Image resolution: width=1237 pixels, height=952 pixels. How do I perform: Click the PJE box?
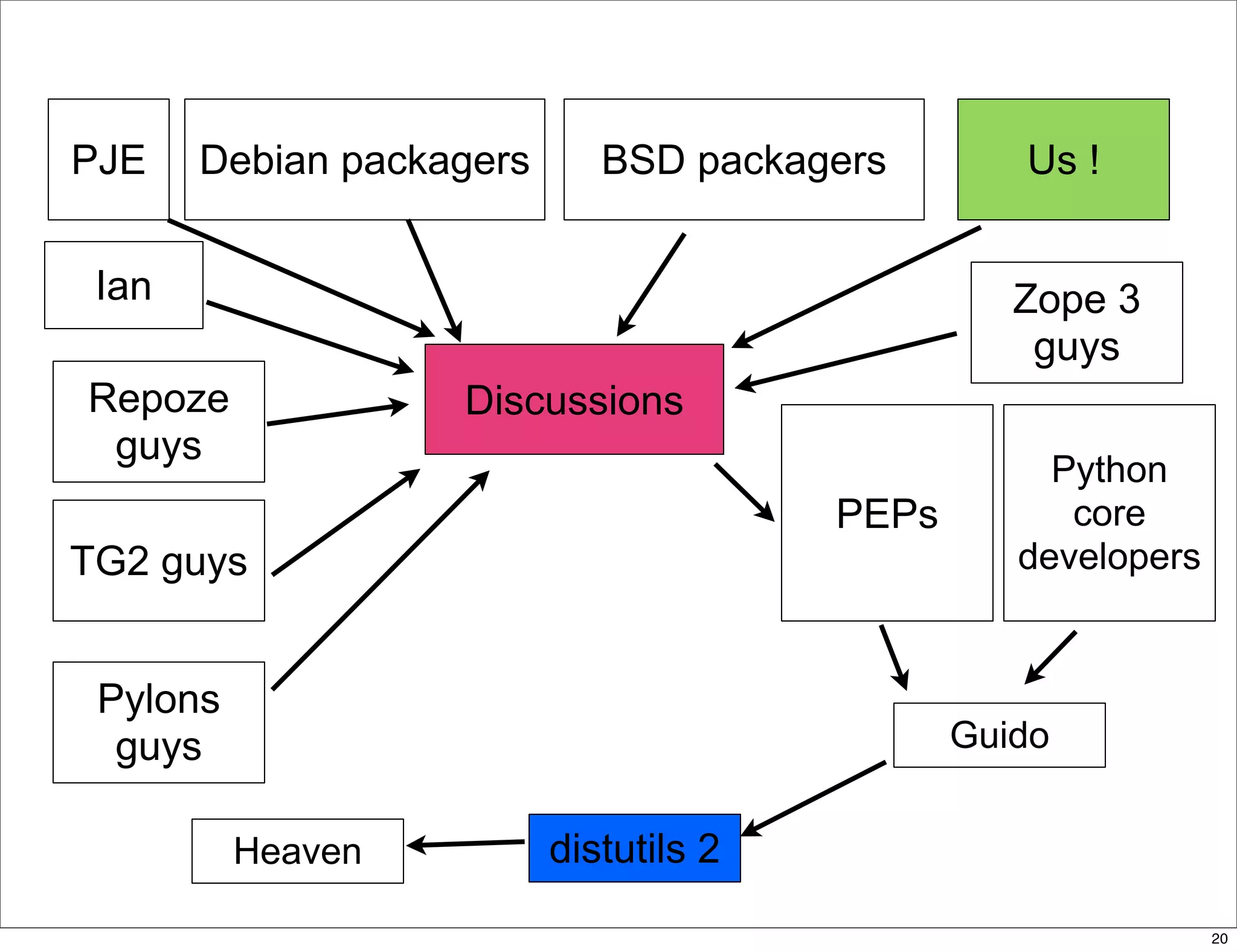coord(109,159)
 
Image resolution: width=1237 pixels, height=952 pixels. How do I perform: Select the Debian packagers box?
coord(364,159)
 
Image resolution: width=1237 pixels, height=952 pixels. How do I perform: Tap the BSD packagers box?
coord(744,159)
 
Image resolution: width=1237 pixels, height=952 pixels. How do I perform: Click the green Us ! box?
coord(1063,159)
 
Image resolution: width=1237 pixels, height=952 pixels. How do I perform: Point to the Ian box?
coord(124,285)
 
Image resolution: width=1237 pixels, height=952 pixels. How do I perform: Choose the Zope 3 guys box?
coord(1076,323)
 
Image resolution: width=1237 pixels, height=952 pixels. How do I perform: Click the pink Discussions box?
coord(574,399)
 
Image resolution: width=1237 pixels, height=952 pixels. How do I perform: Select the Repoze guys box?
coord(159,422)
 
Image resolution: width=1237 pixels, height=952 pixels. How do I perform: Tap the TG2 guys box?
coord(159,561)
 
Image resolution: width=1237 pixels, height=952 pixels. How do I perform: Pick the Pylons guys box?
coord(159,722)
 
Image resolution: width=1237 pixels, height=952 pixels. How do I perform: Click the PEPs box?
coord(887,513)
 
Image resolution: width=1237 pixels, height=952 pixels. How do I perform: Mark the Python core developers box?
coord(1109,513)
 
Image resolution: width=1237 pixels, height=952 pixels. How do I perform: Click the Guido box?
coord(999,735)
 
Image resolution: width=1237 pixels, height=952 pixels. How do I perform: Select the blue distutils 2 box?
coord(634,848)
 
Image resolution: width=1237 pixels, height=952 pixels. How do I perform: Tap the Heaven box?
coord(297,851)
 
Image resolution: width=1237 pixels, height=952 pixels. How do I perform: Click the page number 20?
coord(1219,939)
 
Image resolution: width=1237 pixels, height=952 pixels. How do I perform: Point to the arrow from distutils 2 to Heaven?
coord(465,843)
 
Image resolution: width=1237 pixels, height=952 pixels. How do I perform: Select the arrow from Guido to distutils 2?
coord(814,799)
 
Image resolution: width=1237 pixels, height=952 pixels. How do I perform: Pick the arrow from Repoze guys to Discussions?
coord(337,414)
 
